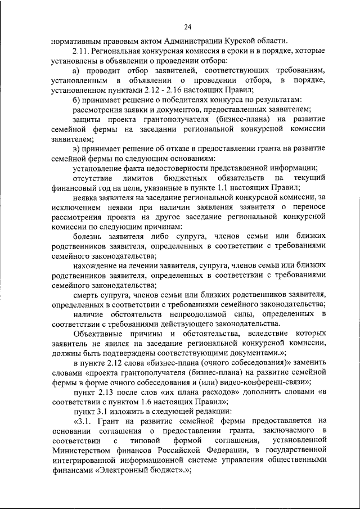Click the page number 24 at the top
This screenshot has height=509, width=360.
point(187,26)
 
